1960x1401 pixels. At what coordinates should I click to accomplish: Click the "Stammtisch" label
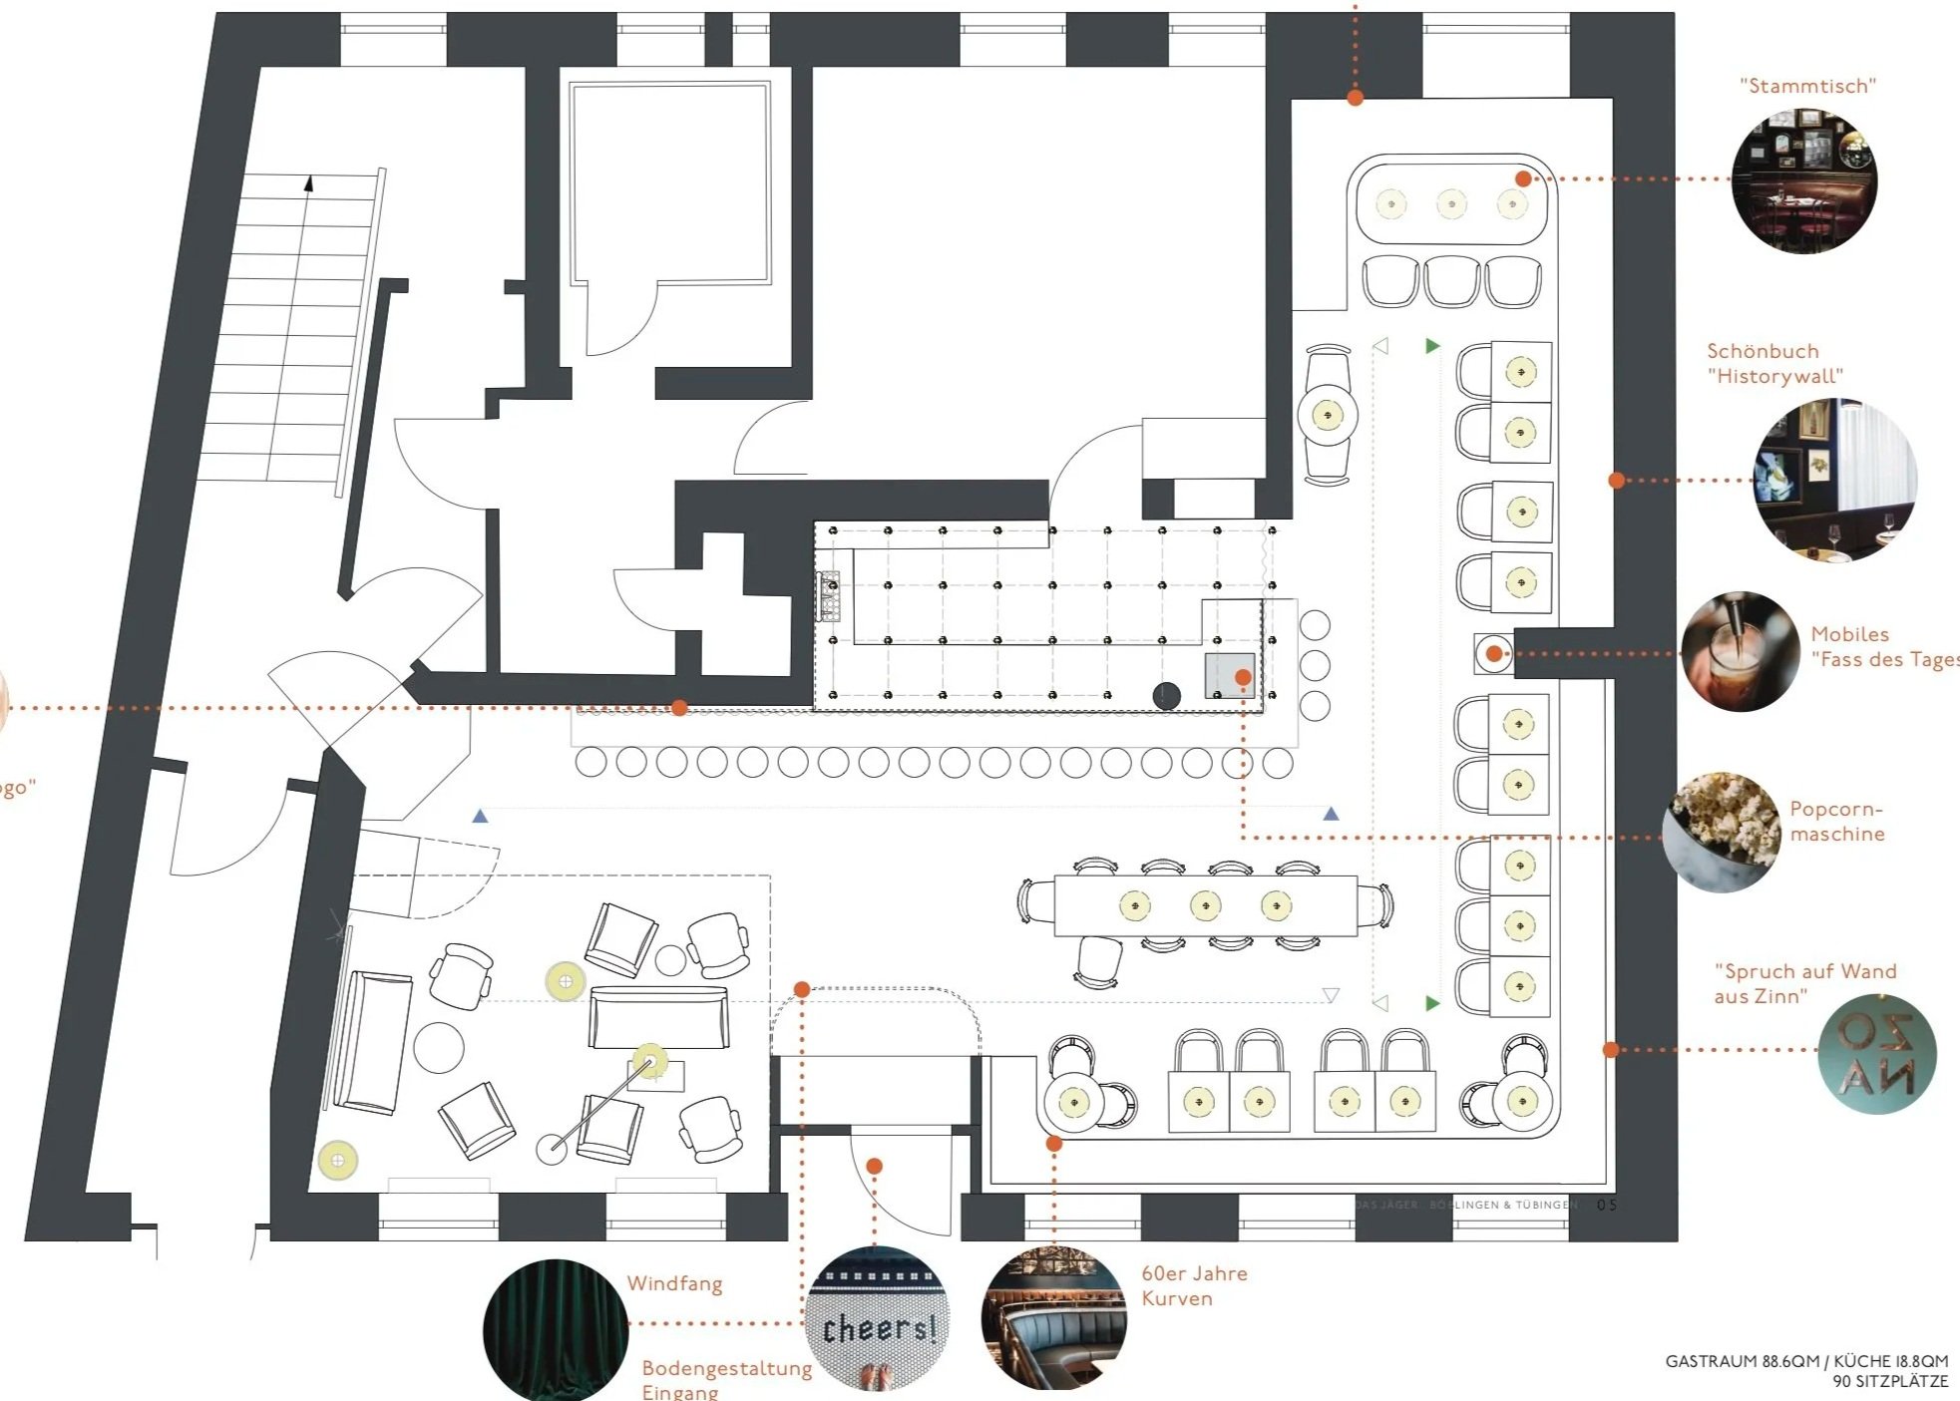click(1807, 87)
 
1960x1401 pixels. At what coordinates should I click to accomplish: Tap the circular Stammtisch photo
click(1804, 180)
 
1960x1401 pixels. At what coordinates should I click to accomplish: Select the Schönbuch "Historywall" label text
click(1774, 363)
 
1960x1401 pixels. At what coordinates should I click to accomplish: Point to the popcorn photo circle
click(1722, 831)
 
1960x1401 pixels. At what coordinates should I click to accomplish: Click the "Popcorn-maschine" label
click(1836, 821)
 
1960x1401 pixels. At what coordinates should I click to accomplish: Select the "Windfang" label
click(674, 1283)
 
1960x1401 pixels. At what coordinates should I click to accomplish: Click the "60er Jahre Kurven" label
click(1194, 1285)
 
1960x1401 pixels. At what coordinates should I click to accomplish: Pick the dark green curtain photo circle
click(556, 1330)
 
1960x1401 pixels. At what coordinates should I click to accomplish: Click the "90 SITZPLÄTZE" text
click(1889, 1382)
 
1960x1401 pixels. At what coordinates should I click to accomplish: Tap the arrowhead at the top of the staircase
click(309, 183)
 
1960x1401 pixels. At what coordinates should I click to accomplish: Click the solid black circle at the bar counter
click(1166, 695)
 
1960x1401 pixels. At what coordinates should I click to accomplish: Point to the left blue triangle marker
click(480, 816)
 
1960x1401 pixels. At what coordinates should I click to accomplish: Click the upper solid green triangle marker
click(1432, 346)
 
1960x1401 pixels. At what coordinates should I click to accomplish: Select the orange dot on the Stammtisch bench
click(1523, 178)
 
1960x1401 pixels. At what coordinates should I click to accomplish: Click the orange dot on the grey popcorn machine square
click(1243, 678)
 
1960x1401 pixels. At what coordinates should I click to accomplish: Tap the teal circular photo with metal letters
click(1876, 1053)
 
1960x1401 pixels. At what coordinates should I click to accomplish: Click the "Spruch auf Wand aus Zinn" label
click(1804, 983)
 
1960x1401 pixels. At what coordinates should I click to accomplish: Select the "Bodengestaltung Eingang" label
click(726, 1379)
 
